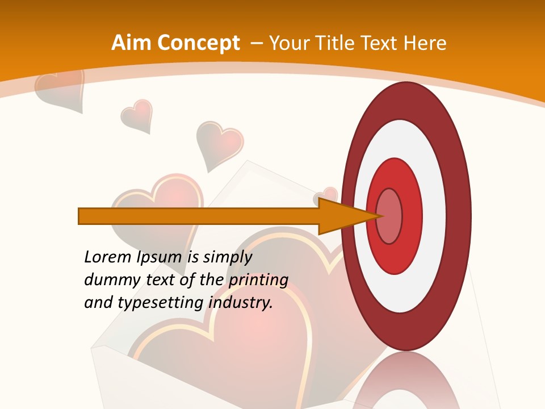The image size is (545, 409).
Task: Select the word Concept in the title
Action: pos(198,43)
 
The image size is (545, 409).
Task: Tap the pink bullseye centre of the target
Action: pos(389,216)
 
